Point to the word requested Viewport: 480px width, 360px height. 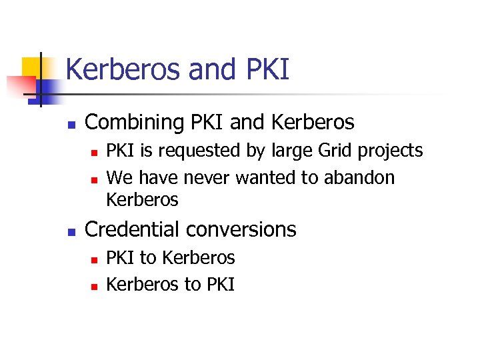pyautogui.click(x=200, y=151)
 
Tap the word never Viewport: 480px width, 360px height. pyautogui.click(x=207, y=178)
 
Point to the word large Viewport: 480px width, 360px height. pyautogui.click(x=288, y=152)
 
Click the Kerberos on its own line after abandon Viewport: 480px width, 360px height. pyautogui.click(x=142, y=199)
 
